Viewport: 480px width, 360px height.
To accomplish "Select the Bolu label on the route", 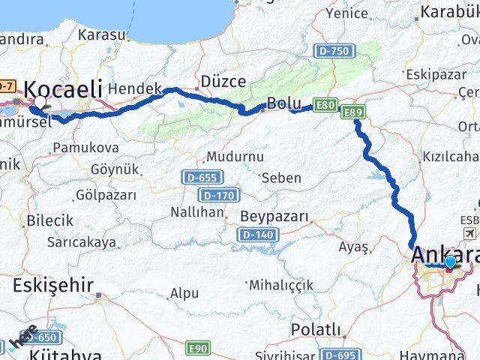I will [x=284, y=103].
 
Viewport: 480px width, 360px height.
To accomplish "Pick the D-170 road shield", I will [x=223, y=196].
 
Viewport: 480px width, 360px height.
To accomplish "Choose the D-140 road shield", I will [x=255, y=235].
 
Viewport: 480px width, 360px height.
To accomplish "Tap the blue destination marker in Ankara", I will [x=449, y=262].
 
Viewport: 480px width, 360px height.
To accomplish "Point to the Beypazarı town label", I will [x=274, y=217].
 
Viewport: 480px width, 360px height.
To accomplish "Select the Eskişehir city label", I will [x=53, y=285].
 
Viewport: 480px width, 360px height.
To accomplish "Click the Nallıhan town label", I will [x=197, y=212].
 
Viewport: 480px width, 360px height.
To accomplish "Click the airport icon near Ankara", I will [x=469, y=235].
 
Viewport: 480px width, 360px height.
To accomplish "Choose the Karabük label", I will [x=449, y=11].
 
